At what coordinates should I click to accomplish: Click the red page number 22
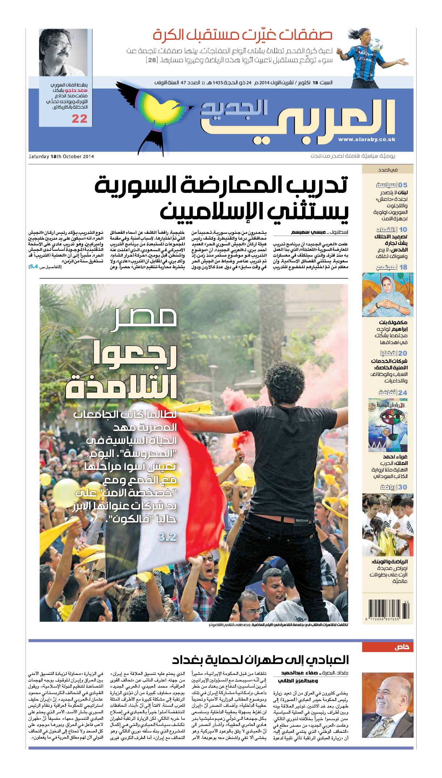click(x=79, y=119)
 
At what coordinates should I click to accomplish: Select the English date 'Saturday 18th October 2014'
click(x=62, y=157)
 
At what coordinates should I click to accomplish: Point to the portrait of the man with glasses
click(x=63, y=52)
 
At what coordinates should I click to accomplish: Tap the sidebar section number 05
click(x=403, y=185)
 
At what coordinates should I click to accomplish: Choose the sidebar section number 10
click(x=403, y=229)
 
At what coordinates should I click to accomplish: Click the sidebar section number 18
click(x=403, y=267)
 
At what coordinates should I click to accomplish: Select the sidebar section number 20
click(x=403, y=354)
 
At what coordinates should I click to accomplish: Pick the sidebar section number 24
click(x=403, y=393)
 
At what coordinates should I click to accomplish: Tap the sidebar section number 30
click(x=403, y=487)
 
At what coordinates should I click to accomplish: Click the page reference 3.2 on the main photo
click(x=167, y=537)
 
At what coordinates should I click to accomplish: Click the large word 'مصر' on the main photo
click(x=144, y=318)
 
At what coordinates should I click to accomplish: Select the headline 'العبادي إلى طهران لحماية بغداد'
click(x=260, y=660)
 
